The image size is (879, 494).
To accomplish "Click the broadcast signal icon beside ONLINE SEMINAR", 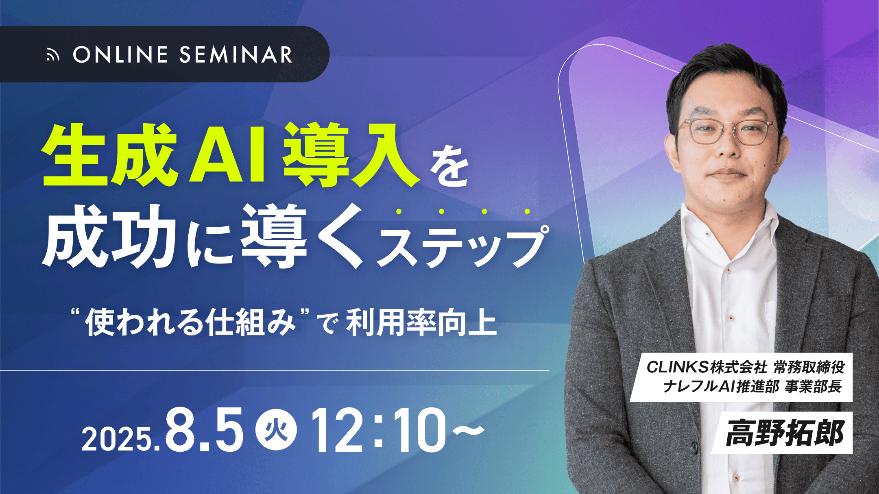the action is (52, 55).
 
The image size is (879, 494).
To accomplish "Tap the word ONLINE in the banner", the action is (120, 54).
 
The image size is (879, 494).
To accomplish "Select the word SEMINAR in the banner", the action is (236, 54).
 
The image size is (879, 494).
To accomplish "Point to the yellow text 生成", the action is (110, 155).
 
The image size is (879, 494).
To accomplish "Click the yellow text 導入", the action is (352, 155).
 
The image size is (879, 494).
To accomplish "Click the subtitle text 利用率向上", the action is (421, 323).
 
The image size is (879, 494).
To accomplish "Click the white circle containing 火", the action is (276, 430).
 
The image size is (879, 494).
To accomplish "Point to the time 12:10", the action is (379, 430).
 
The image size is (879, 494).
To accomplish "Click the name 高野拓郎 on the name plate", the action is (785, 433).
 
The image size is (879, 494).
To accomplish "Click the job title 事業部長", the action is (813, 386).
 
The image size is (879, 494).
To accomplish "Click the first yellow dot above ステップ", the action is (399, 211).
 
